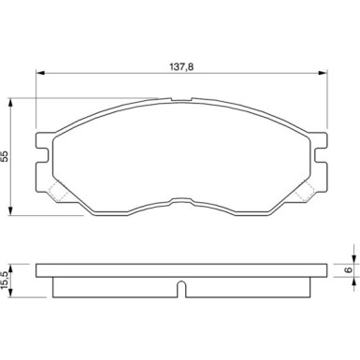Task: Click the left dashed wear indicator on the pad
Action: (x=56, y=193)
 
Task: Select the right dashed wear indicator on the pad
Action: (x=305, y=193)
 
